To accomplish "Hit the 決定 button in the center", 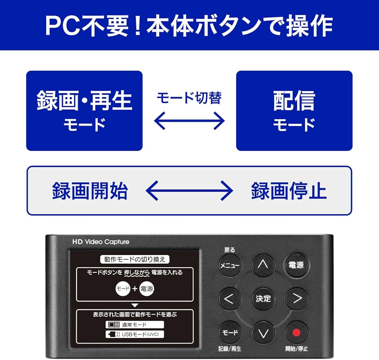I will point(263,299).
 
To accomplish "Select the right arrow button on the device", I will point(296,299).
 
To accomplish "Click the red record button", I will point(296,332).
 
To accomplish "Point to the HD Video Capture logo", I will point(101,242).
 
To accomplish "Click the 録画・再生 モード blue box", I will point(84,111).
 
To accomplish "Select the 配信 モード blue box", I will point(294,111).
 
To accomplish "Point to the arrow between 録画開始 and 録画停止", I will point(189,190).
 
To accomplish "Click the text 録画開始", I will point(90,191).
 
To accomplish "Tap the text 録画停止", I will point(289,191).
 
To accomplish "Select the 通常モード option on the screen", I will point(135,325).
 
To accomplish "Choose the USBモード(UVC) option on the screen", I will point(135,334).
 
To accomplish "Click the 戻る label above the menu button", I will point(230,250).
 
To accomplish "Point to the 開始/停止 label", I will point(296,349).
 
